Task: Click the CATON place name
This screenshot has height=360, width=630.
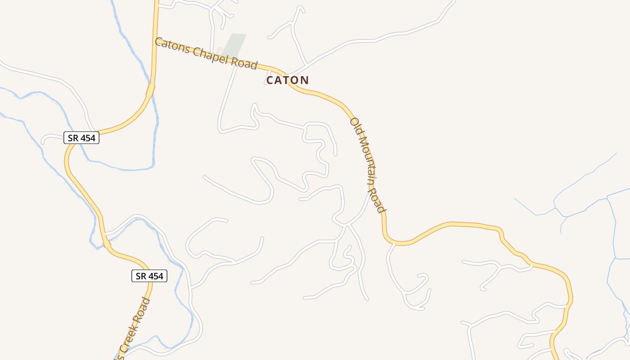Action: click(288, 80)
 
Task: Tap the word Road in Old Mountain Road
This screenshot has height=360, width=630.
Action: click(378, 200)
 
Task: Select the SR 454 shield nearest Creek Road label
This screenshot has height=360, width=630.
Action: click(149, 276)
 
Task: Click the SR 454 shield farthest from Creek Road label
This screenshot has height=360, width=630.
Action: click(81, 138)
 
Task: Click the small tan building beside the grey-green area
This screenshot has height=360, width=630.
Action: click(220, 50)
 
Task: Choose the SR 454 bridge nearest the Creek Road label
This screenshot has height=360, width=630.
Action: click(107, 243)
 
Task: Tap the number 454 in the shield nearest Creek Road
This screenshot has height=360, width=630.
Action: click(156, 276)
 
